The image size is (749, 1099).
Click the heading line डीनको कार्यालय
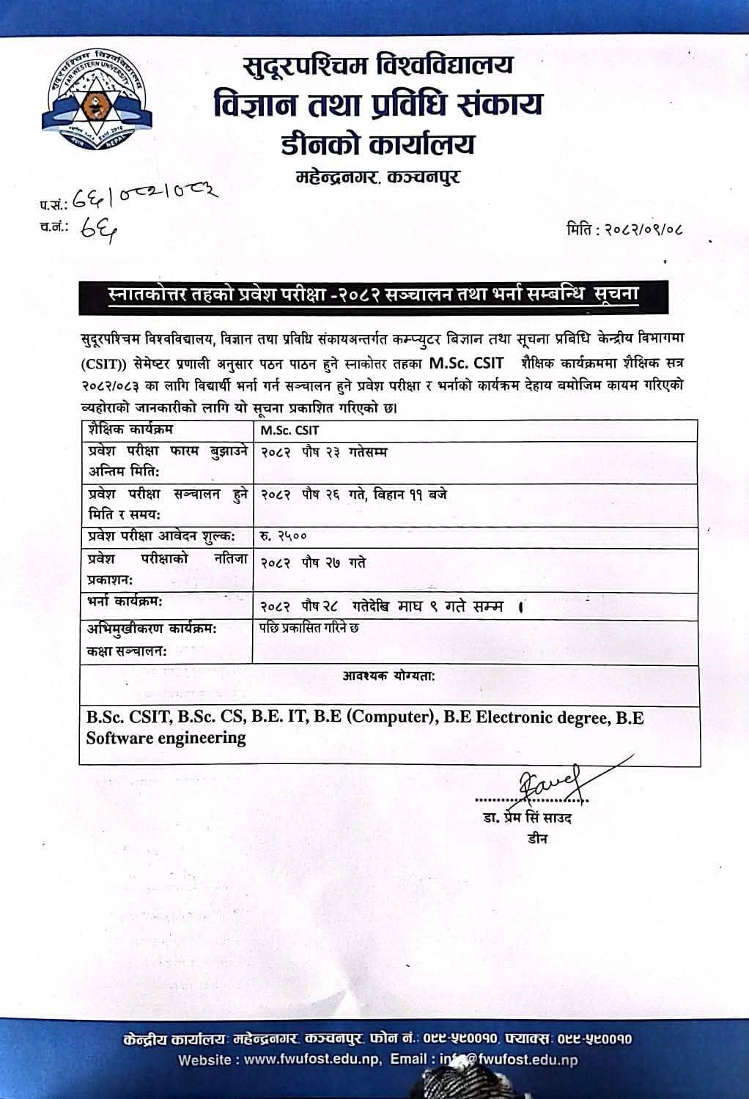[x=377, y=143]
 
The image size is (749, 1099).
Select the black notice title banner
[x=374, y=295]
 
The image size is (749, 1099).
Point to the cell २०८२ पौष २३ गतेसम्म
[x=323, y=452]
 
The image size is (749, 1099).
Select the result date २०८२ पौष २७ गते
[x=313, y=562]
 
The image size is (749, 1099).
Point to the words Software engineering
[x=166, y=738]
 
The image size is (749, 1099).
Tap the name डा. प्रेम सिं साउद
[x=527, y=818]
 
